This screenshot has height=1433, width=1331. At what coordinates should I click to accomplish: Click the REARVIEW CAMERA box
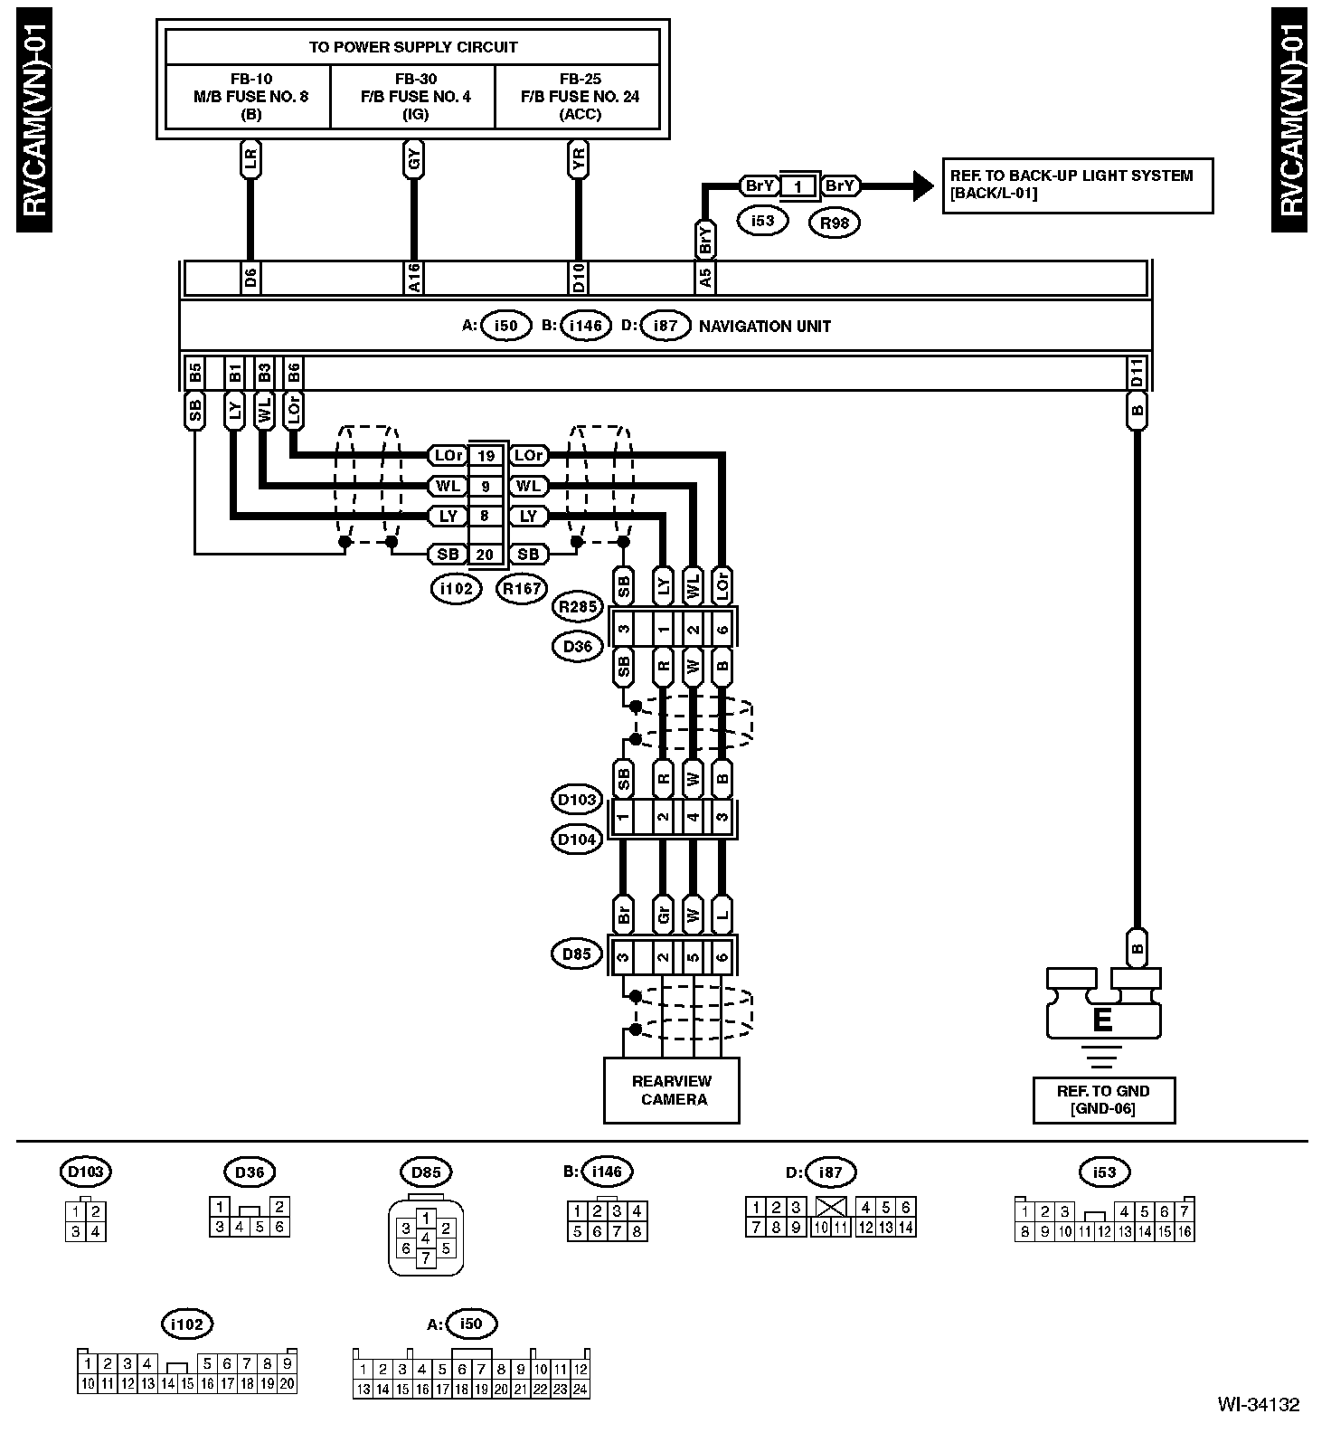pos(671,1090)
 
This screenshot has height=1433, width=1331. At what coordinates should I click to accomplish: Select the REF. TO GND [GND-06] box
pos(1103,1100)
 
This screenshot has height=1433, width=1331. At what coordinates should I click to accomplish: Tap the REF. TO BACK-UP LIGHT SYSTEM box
pos(1077,185)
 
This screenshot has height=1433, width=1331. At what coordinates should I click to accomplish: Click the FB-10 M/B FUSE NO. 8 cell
pos(250,97)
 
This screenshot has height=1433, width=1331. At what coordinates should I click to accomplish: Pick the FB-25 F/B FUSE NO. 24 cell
pos(580,97)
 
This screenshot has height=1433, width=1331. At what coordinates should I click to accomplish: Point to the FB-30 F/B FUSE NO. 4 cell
pos(415,97)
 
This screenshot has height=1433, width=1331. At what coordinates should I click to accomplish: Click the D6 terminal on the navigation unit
pos(250,279)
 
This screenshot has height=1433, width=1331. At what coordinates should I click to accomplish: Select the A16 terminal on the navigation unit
pos(413,279)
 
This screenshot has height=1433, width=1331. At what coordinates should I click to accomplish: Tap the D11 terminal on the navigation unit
pos(1137,374)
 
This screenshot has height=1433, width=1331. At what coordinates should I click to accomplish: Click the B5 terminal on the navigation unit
pos(194,374)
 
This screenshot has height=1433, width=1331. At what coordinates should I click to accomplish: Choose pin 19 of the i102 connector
pos(486,456)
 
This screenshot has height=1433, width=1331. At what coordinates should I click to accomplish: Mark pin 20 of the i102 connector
pos(486,554)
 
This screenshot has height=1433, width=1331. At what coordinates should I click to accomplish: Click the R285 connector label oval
pos(578,607)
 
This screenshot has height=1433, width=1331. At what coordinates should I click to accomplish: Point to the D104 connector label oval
pos(577,840)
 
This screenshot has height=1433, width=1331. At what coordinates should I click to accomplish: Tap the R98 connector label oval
pos(834,222)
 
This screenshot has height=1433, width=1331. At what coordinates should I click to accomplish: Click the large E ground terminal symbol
pos(1102,1019)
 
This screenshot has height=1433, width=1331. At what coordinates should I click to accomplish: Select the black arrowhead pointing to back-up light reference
pos(921,186)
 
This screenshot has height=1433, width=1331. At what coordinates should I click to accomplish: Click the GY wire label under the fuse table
pos(413,161)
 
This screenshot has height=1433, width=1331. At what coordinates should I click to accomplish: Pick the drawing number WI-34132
pos(1258,1405)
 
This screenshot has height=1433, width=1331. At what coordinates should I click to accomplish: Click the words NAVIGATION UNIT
pos(764,326)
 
